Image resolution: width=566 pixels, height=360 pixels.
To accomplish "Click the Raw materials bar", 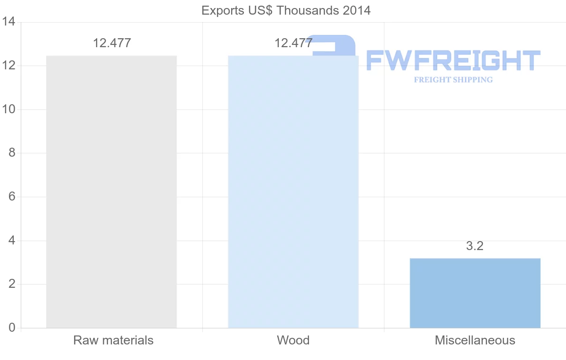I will pos(111,192).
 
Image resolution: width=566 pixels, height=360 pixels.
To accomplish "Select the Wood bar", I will pos(293,192).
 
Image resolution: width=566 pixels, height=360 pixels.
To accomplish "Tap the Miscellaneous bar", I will pos(475,293).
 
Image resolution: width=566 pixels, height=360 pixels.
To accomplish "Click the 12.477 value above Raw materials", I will pos(112,43).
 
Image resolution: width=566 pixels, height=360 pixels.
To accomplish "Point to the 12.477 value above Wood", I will pos(293,43).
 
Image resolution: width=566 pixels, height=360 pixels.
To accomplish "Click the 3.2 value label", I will pos(475,246).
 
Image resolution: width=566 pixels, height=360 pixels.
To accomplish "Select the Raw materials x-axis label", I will pos(113,340).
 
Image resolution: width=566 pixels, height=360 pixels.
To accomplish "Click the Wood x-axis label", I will pos(293,340).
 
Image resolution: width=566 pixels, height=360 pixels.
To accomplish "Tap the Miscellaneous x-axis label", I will pos(475,340).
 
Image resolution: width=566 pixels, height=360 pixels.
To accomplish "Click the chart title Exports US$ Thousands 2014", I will pos(286,10).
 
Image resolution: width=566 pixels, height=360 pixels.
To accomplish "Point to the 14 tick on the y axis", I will pos(8,22).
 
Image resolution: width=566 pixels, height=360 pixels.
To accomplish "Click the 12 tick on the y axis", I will pos(8,66).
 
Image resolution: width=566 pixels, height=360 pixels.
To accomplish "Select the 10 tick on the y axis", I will pos(8,109).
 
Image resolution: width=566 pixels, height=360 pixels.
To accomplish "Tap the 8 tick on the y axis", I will pos(11,153).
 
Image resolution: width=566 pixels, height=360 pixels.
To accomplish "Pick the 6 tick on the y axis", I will pos(11,197).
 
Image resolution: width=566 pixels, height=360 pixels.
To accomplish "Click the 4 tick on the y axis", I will pos(11,241).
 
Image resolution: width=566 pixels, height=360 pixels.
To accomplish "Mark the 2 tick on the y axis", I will pos(11,284).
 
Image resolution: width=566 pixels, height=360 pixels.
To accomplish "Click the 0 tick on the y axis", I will pos(11,328).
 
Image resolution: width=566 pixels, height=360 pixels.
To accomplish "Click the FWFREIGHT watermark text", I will pos(453,60).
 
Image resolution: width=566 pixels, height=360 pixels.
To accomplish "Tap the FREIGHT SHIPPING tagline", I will pos(453,80).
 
